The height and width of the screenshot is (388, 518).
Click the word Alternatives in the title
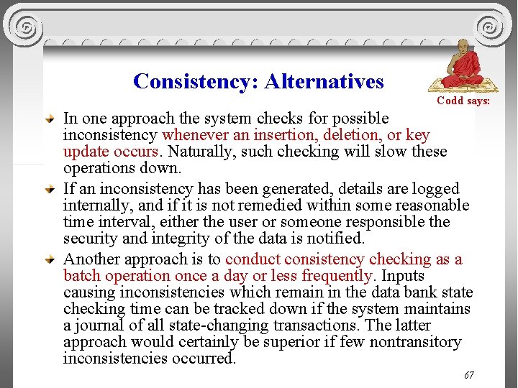pos(324,81)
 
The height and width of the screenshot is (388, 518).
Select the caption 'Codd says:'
pos(463,101)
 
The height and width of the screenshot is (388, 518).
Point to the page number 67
pos(469,375)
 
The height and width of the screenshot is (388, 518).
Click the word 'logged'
pos(435,189)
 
